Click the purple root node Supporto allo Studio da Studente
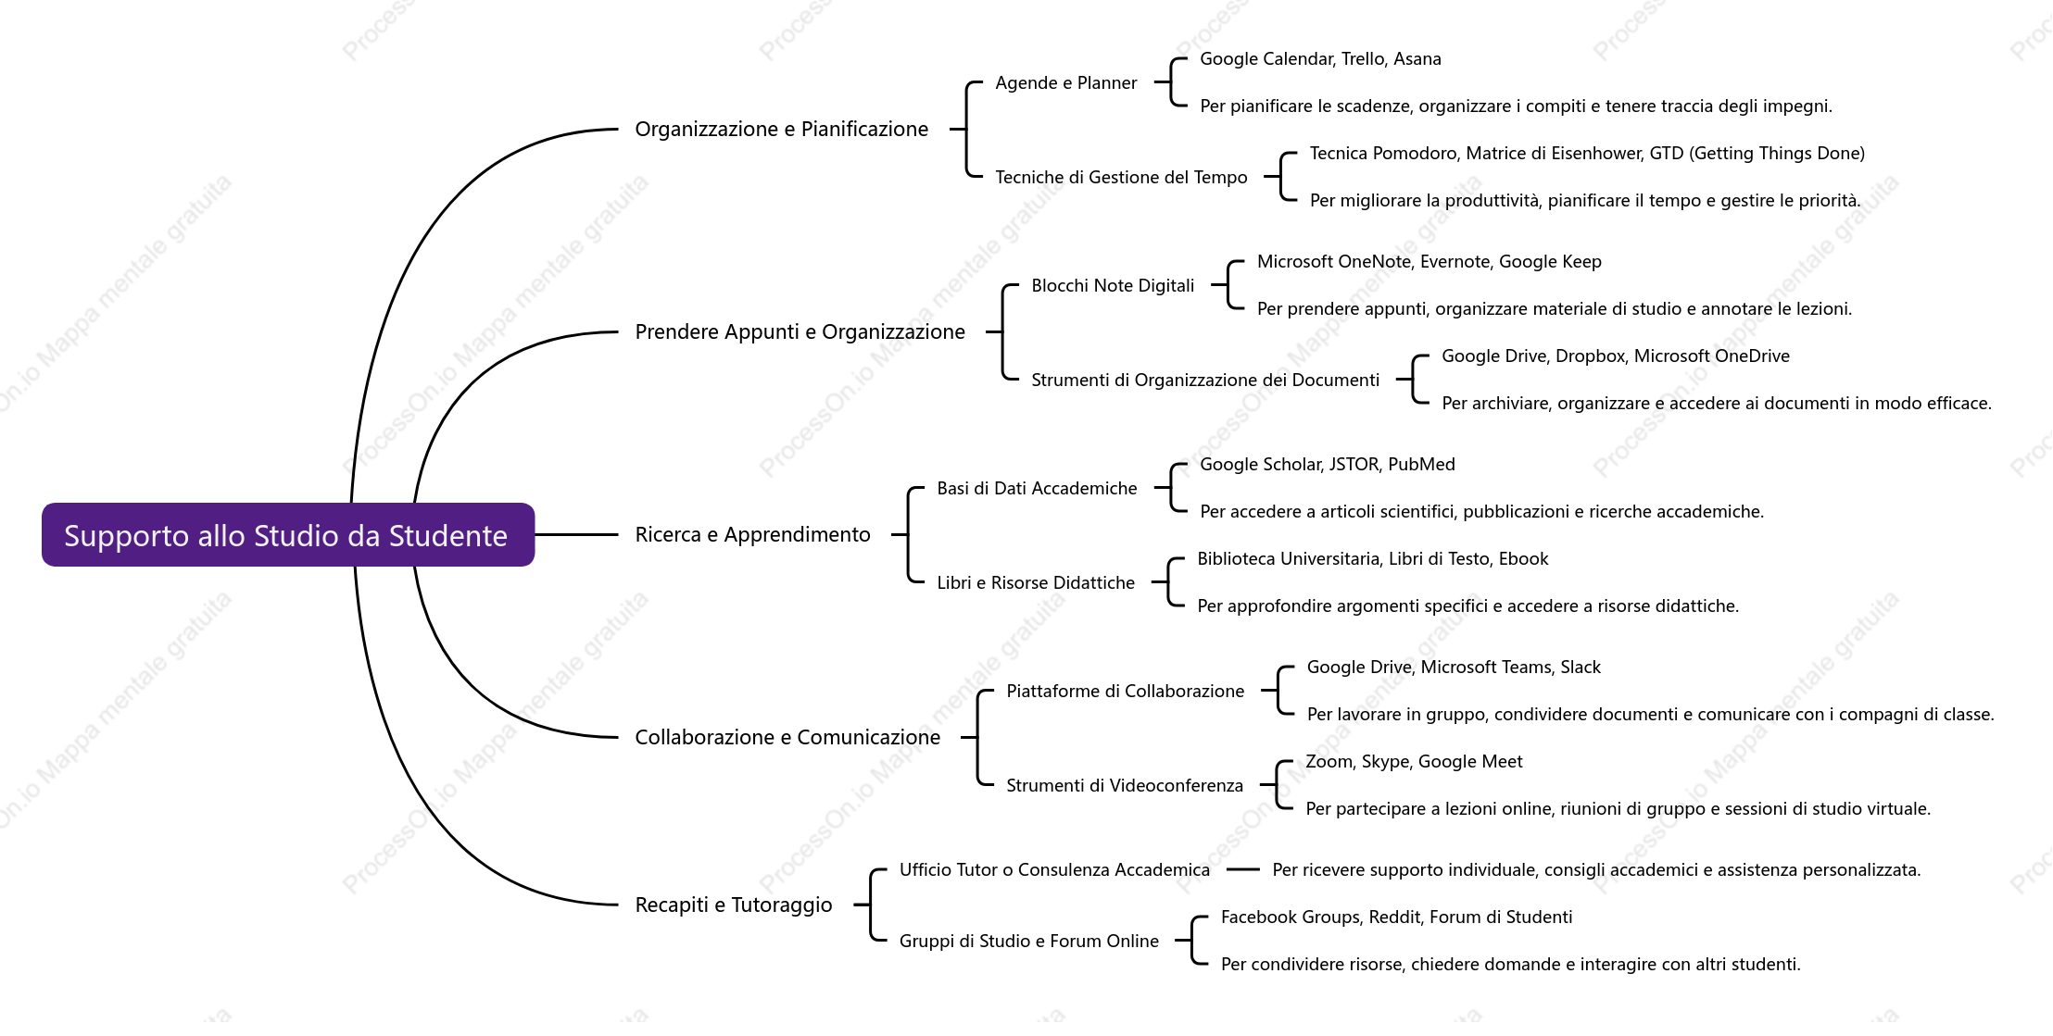click(288, 535)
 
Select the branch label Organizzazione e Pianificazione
click(781, 130)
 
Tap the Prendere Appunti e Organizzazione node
click(800, 332)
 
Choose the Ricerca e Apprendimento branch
click(752, 535)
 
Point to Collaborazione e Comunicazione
click(787, 738)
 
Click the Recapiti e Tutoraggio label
click(734, 905)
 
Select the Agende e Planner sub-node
click(1065, 83)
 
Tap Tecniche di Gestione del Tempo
click(1121, 178)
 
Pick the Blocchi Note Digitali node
click(1113, 286)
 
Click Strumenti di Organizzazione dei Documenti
click(1205, 381)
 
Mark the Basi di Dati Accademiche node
click(1037, 489)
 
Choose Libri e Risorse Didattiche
click(1036, 583)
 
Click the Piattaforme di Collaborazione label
click(1125, 692)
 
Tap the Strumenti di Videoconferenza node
click(1125, 786)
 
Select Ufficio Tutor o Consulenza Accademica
click(1054, 870)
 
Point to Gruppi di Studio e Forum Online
click(1028, 942)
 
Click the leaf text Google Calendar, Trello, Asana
click(1320, 59)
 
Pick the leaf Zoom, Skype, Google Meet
click(1414, 762)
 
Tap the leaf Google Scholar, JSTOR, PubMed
click(1327, 465)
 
